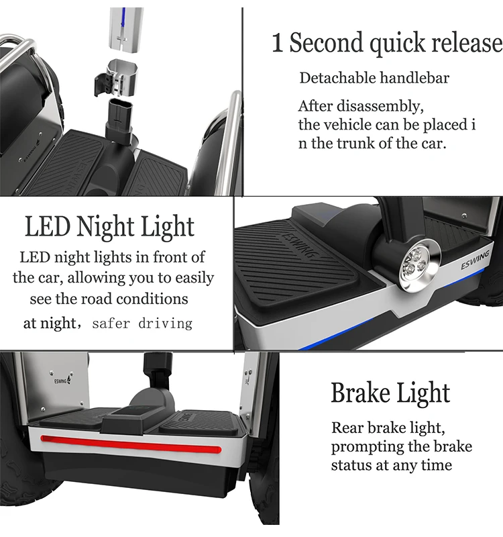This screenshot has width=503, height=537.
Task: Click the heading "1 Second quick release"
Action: click(x=386, y=43)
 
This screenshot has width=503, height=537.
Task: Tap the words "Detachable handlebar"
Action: click(x=374, y=78)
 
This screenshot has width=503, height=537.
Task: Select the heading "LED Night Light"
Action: click(x=109, y=228)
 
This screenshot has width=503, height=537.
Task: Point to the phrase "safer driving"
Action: click(x=142, y=324)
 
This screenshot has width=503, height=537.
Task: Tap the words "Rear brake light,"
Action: click(x=388, y=428)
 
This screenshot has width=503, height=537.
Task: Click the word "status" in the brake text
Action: click(x=354, y=465)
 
